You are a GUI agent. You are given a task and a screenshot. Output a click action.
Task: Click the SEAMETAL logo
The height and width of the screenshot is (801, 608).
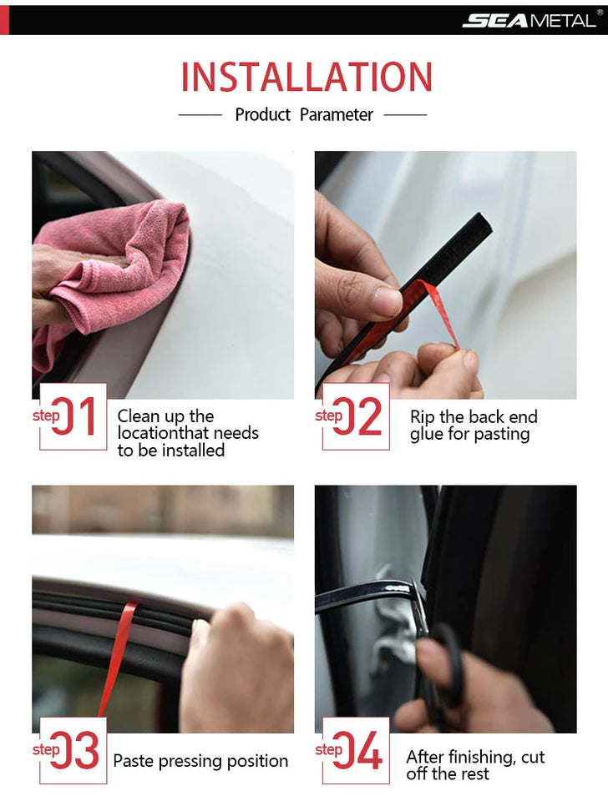(529, 19)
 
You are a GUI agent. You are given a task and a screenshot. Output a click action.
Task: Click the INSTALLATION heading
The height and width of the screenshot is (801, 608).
(307, 78)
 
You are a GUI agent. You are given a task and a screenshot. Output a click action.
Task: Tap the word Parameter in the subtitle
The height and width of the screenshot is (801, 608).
(337, 115)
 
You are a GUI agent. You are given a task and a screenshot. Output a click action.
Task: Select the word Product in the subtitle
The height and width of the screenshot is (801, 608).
(263, 115)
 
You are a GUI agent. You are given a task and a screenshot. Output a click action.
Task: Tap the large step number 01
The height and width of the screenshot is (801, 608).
(77, 416)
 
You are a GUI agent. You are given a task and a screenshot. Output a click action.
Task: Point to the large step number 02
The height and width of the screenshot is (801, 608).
(360, 416)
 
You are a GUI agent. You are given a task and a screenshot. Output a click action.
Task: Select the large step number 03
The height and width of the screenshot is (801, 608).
(77, 750)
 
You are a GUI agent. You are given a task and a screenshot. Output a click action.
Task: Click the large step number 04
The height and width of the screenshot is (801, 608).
(360, 750)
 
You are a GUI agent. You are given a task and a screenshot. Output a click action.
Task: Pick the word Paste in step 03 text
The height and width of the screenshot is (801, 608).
(134, 761)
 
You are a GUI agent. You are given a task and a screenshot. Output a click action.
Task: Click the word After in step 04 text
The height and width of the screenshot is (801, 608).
(426, 758)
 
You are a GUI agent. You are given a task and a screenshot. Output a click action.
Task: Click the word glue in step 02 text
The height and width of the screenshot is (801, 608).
(426, 435)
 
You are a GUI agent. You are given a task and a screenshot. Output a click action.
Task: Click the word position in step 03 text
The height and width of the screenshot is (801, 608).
(256, 762)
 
